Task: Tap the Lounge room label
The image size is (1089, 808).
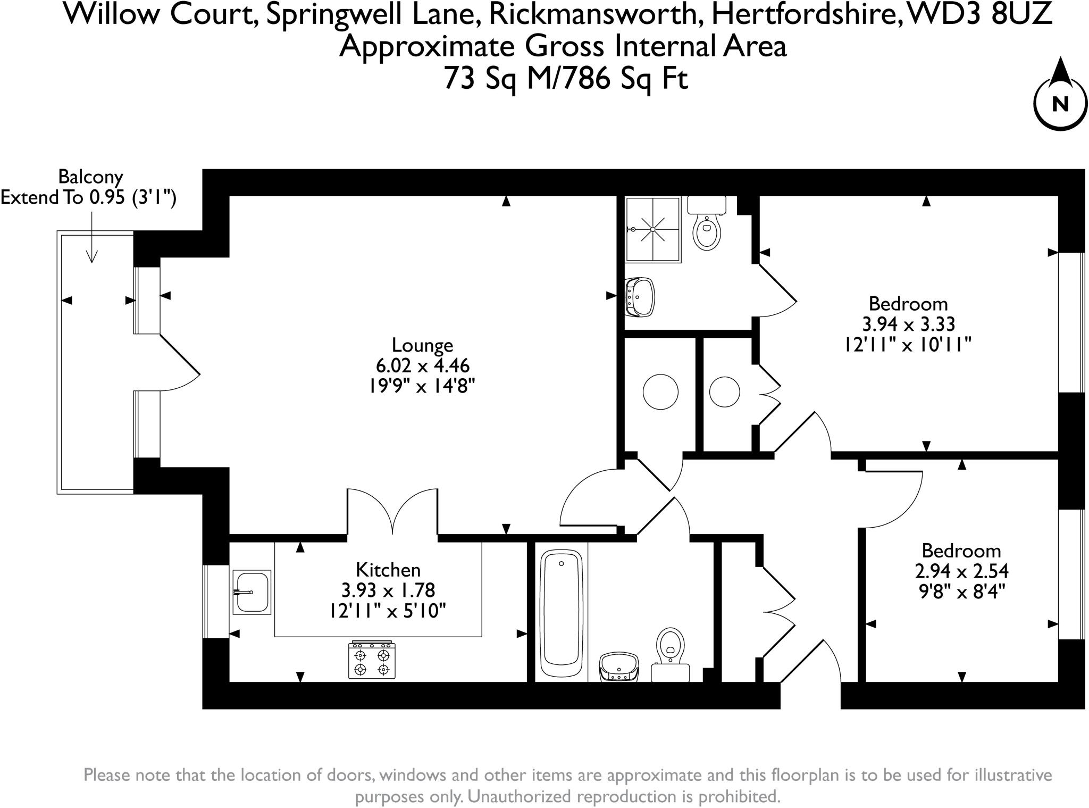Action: point(422,345)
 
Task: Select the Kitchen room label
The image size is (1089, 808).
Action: point(388,570)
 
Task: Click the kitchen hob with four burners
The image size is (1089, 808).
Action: point(372,660)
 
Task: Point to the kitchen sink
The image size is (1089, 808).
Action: point(252,592)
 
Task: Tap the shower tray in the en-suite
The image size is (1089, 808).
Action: point(652,229)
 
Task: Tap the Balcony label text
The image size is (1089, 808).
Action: point(90,176)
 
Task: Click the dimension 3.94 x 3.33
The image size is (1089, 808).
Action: point(908,324)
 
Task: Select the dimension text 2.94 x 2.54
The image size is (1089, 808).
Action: point(961,571)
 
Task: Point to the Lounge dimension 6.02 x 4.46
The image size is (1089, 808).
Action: point(422,366)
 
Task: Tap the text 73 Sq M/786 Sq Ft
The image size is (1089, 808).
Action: point(566,78)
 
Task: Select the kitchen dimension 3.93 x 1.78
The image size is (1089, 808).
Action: point(388,590)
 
